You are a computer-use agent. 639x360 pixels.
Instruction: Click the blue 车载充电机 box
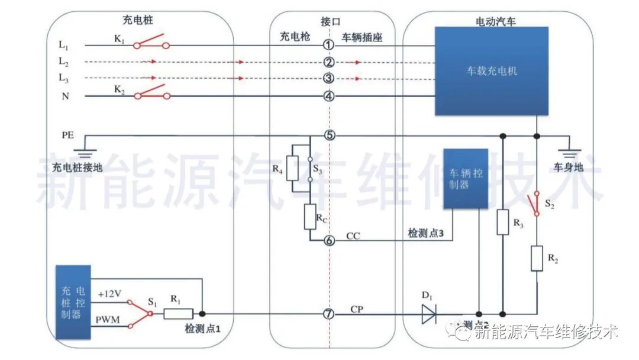click(485, 71)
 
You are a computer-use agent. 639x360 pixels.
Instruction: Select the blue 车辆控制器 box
click(466, 178)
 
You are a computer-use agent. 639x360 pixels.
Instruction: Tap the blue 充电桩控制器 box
click(73, 302)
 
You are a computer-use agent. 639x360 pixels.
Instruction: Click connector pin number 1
click(329, 45)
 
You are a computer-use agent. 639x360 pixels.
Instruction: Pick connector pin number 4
click(329, 96)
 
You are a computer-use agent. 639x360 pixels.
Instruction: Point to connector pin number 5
click(329, 136)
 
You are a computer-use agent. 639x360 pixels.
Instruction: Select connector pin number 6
click(329, 240)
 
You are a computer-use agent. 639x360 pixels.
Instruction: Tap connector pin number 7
click(329, 314)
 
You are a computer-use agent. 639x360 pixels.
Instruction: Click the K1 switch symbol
click(151, 44)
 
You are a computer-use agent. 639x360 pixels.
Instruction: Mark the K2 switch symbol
click(151, 94)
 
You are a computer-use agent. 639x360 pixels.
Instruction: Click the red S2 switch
click(536, 203)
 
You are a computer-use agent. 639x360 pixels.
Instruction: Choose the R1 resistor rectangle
click(178, 314)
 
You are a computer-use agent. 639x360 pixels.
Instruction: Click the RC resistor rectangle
click(311, 217)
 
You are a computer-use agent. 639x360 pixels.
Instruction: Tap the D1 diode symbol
click(429, 314)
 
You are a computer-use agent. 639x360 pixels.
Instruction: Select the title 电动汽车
click(496, 21)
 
